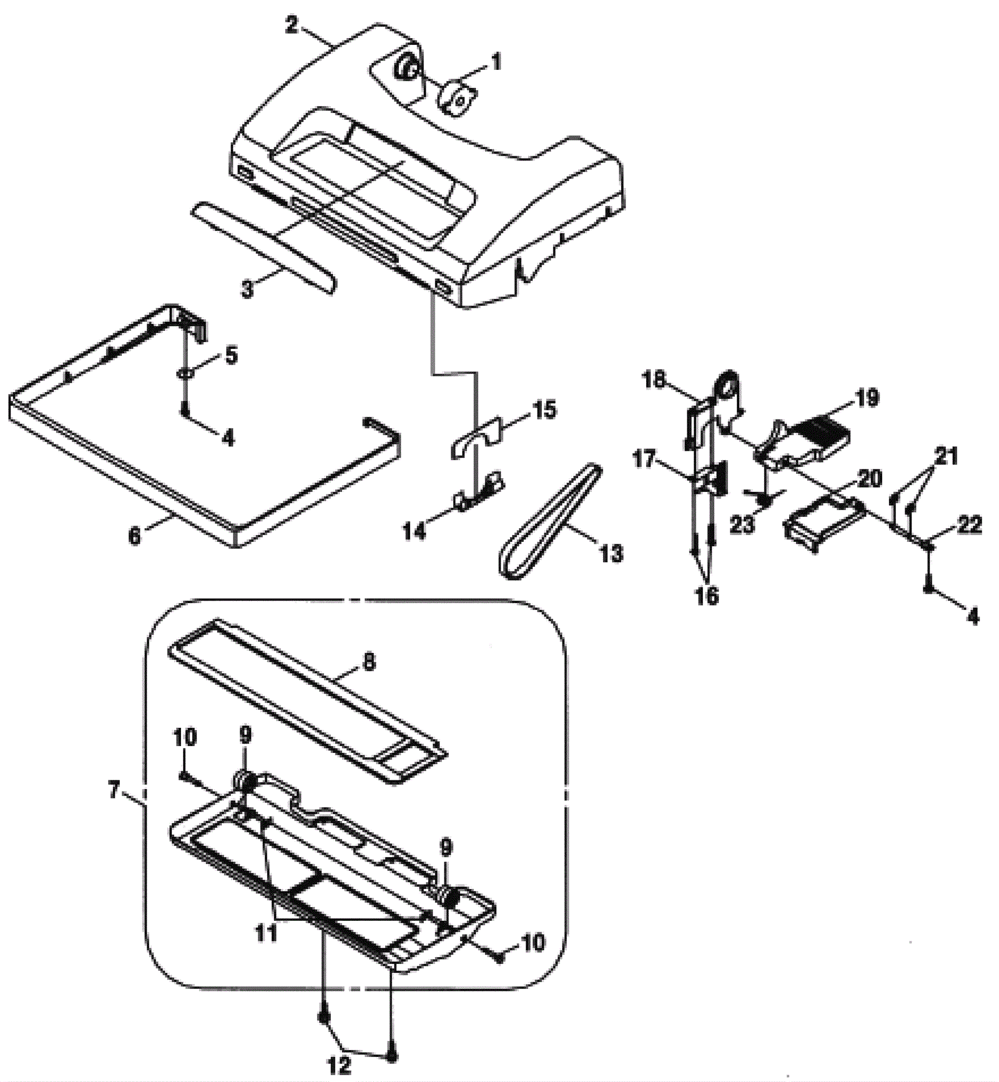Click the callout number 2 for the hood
[292, 26]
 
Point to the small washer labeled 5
[186, 373]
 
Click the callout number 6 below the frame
[135, 536]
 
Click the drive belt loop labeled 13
[549, 521]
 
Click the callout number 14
[415, 531]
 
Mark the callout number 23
[742, 524]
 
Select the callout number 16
[707, 596]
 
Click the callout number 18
[655, 379]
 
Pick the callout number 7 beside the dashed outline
[113, 790]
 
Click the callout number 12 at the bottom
[339, 1065]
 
